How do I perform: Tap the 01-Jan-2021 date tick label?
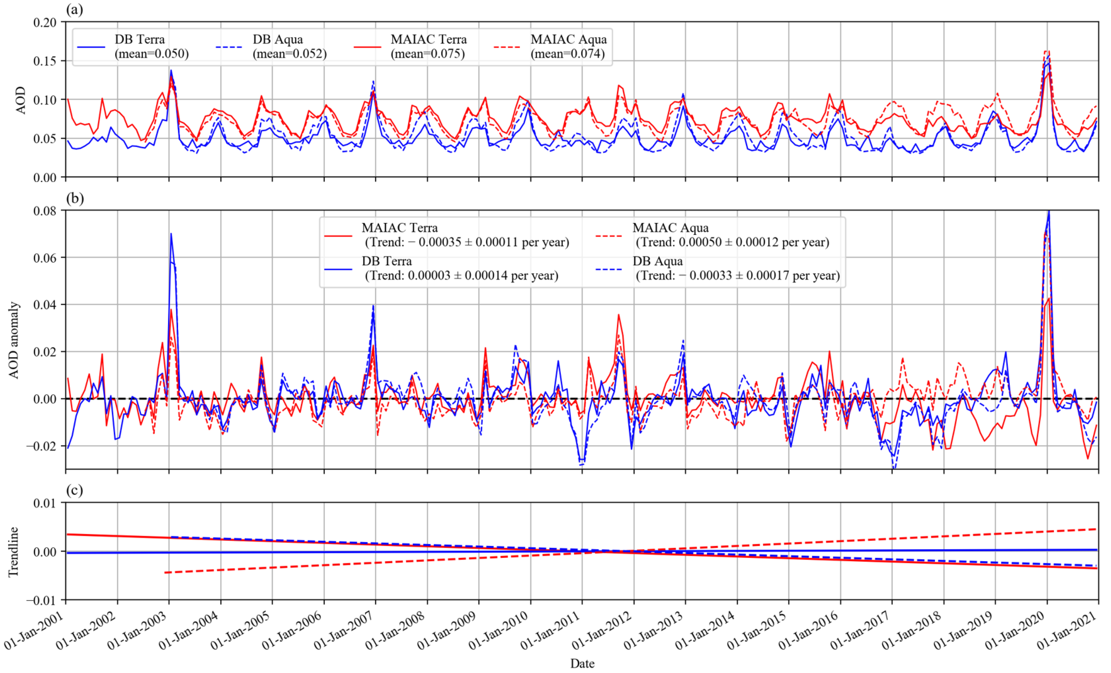click(x=1066, y=632)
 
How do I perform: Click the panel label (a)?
click(x=74, y=9)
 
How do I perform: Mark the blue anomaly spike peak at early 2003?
click(x=171, y=234)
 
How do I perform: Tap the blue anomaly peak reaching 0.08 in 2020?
click(x=1049, y=211)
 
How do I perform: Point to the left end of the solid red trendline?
click(x=67, y=534)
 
